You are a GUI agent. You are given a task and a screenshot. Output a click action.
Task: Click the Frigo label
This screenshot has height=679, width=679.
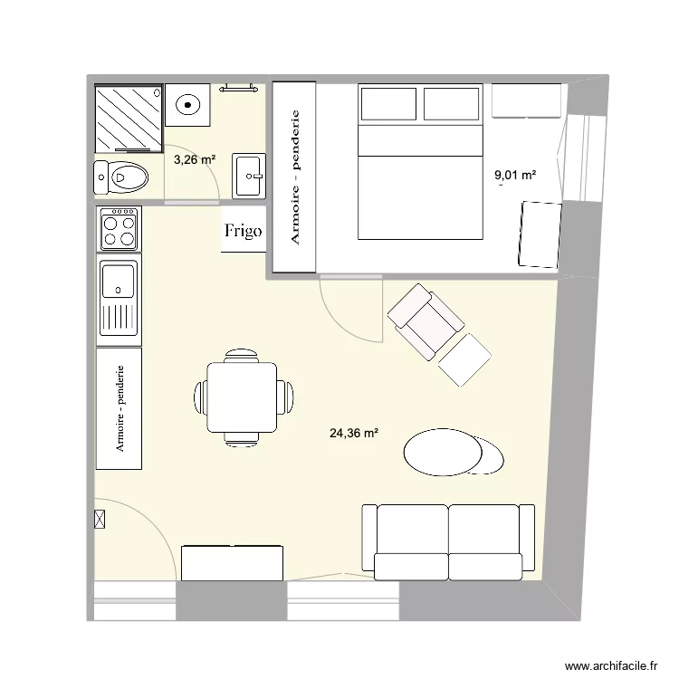tap(244, 231)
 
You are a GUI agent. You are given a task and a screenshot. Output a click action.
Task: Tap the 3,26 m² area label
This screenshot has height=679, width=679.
tap(195, 160)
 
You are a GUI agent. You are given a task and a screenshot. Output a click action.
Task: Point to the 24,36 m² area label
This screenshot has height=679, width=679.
tap(354, 434)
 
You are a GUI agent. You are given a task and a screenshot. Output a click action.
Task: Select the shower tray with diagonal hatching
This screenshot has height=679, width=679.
tap(129, 118)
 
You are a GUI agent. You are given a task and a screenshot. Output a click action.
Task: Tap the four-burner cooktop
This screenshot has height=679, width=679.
tap(120, 228)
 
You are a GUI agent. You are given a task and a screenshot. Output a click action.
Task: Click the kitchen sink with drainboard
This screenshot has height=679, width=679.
tap(119, 300)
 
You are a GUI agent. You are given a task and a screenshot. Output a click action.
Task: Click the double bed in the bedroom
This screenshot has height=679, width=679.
tap(420, 163)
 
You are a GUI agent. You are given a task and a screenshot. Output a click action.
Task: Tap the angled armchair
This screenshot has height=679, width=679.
tap(425, 320)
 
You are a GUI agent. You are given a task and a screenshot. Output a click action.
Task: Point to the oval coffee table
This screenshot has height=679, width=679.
tap(443, 451)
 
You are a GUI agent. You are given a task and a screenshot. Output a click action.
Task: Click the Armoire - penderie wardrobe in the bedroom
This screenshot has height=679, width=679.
tap(294, 177)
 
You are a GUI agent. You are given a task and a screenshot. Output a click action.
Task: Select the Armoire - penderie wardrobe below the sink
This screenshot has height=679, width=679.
tap(119, 409)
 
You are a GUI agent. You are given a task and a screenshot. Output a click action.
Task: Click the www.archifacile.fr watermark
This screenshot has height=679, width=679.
tap(611, 664)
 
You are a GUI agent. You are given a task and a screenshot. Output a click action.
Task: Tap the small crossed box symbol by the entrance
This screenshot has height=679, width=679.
tap(100, 520)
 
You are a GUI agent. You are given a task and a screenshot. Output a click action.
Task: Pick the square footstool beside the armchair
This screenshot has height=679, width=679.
tap(464, 359)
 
